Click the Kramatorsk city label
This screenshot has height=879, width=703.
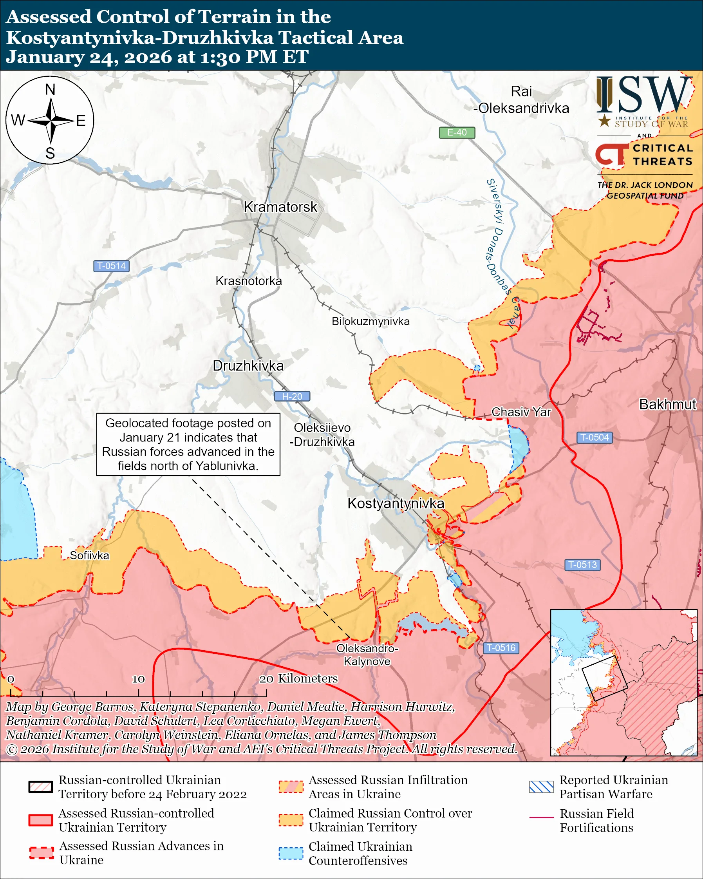click(x=280, y=207)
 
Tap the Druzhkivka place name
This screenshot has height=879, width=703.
click(x=248, y=366)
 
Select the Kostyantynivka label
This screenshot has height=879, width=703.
click(x=395, y=503)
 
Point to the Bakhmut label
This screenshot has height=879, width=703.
click(x=667, y=404)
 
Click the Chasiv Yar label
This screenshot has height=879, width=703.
click(x=521, y=412)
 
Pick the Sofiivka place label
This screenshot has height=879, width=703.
click(x=89, y=556)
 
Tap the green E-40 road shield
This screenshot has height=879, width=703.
click(x=456, y=132)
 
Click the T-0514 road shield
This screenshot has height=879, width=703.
click(x=111, y=266)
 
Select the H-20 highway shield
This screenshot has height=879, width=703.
click(x=292, y=396)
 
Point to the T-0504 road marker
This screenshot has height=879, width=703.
click(x=594, y=438)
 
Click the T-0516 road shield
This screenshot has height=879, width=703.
click(x=501, y=648)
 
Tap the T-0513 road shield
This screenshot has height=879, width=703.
click(x=582, y=565)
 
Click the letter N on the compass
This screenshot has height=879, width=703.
click(x=50, y=90)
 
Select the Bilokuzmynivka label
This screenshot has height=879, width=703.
click(x=370, y=321)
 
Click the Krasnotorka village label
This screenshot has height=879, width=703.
click(x=249, y=281)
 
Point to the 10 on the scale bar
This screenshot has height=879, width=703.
click(x=138, y=679)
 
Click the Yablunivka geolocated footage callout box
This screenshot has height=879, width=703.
click(x=188, y=444)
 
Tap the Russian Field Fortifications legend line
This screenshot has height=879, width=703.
click(x=541, y=818)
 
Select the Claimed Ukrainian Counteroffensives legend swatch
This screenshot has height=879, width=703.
click(x=291, y=853)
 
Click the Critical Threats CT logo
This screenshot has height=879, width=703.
click(x=611, y=154)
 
